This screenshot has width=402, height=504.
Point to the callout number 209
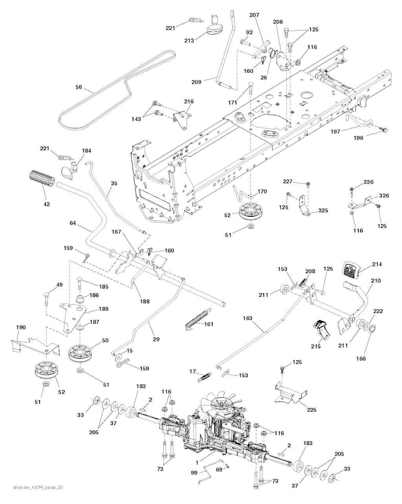click(196, 82)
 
